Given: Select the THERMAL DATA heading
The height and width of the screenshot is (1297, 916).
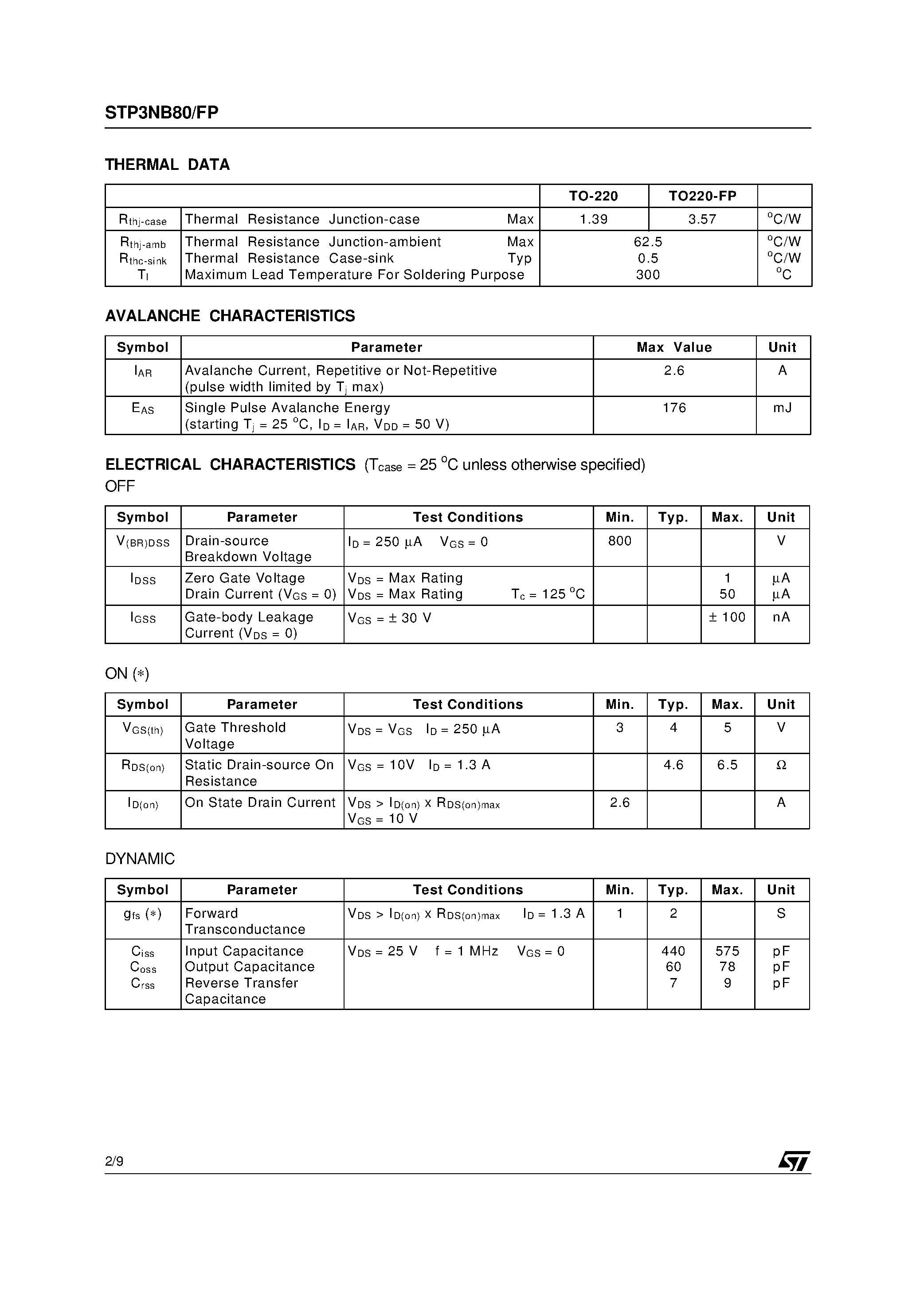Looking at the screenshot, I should (x=167, y=165).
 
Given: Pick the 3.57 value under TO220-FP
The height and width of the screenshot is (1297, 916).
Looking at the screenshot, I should (x=702, y=219).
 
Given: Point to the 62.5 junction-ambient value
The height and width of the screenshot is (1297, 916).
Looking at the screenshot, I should (x=647, y=242).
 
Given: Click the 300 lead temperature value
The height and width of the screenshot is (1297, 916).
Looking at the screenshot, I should (x=647, y=275).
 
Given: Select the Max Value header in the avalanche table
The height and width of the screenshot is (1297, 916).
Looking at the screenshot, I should (x=674, y=347).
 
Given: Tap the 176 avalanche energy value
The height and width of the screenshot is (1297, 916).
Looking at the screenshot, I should (x=674, y=408).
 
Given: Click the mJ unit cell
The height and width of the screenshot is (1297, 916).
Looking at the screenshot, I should (x=782, y=408).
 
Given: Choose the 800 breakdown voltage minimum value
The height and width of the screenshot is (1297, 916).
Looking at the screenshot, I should (x=619, y=541).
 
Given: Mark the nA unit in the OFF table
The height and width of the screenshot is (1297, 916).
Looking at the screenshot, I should (x=781, y=617).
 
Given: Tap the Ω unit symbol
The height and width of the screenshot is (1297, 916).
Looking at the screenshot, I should (x=781, y=765).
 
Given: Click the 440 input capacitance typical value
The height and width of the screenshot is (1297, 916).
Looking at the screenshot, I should (x=673, y=951).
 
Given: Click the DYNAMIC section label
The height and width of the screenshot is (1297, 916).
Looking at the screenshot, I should (x=140, y=859).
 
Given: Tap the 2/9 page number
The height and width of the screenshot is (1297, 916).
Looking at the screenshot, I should (x=114, y=1161).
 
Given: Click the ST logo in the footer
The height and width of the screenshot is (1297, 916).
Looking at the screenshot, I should (x=794, y=1161).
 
